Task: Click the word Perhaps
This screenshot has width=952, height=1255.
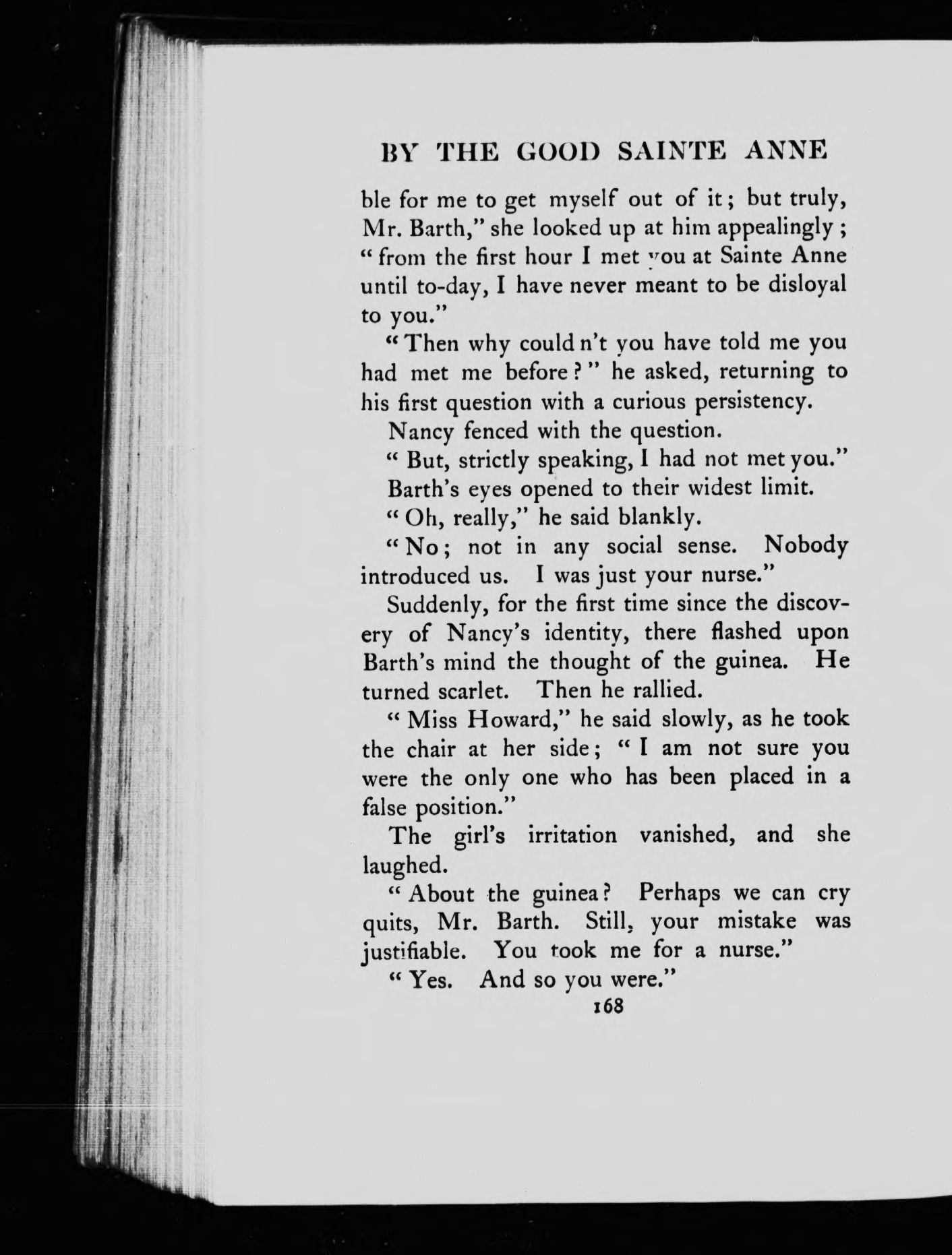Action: [x=680, y=894]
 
